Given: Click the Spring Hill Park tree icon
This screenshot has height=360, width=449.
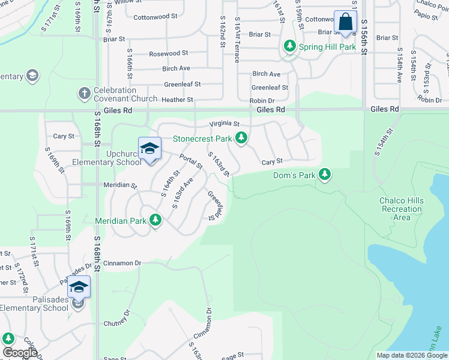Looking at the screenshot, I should pyautogui.click(x=290, y=46).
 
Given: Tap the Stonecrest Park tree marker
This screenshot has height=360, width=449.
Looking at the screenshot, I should pyautogui.click(x=241, y=139).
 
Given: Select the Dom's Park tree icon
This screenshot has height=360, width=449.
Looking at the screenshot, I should pyautogui.click(x=325, y=175).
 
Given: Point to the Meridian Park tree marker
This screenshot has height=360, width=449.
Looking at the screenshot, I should pyautogui.click(x=155, y=220).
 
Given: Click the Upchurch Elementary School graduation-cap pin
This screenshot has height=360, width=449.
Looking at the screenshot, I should pyautogui.click(x=149, y=149).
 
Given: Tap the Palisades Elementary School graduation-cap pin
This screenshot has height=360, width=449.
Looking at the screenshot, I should pyautogui.click(x=79, y=287).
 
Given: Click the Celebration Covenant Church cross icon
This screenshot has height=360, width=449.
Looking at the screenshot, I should pyautogui.click(x=84, y=94).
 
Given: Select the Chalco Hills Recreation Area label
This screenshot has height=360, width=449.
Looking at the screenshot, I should pyautogui.click(x=401, y=209).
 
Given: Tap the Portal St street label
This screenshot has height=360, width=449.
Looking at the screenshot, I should pyautogui.click(x=191, y=162).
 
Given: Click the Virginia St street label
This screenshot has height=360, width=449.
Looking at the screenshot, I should pyautogui.click(x=224, y=124).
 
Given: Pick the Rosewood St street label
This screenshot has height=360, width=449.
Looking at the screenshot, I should pyautogui.click(x=169, y=53).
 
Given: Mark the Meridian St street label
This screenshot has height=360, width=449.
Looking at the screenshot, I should pyautogui.click(x=120, y=185).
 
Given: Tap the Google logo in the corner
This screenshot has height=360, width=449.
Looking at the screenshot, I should pyautogui.click(x=20, y=353).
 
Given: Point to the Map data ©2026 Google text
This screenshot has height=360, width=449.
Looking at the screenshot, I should pyautogui.click(x=411, y=355).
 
